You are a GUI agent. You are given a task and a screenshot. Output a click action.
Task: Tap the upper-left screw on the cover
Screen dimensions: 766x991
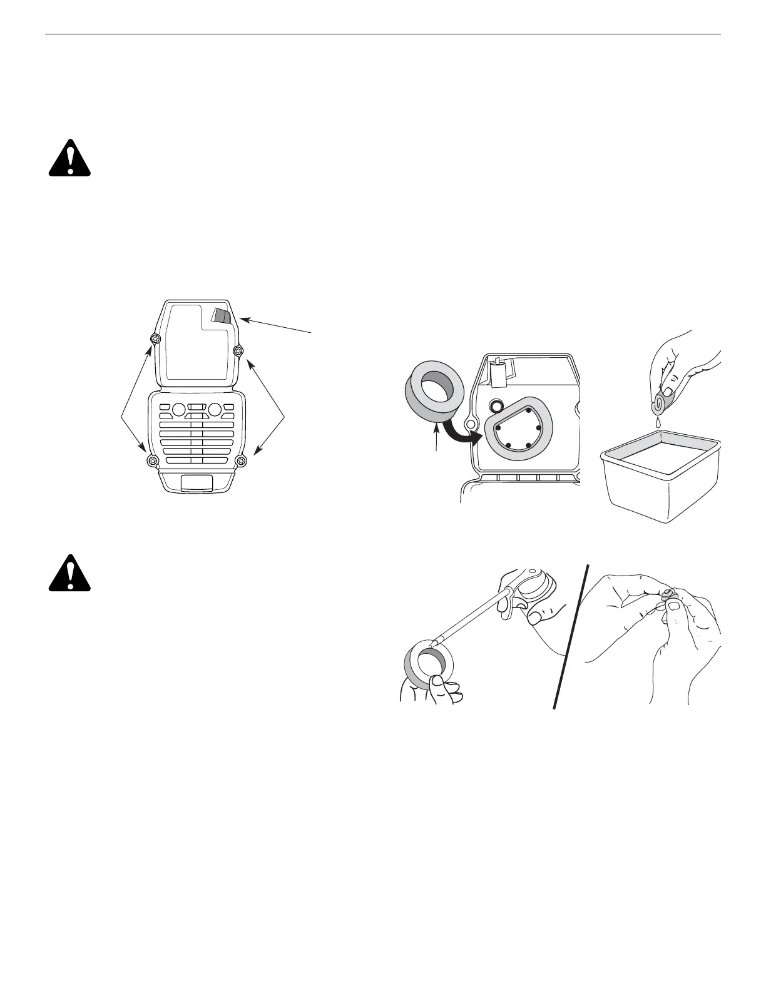(x=155, y=338)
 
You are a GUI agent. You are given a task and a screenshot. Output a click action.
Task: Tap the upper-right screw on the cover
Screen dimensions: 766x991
(x=237, y=351)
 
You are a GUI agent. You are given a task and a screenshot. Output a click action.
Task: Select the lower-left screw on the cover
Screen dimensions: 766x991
(x=151, y=462)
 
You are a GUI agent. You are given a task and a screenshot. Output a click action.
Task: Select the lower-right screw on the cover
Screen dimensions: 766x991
(x=242, y=462)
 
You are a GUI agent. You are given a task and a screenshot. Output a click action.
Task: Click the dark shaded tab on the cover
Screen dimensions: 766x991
(x=221, y=315)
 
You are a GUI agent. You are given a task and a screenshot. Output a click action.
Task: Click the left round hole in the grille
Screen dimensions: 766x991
(x=177, y=410)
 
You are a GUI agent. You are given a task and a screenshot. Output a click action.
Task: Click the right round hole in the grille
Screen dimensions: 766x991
(x=215, y=410)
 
